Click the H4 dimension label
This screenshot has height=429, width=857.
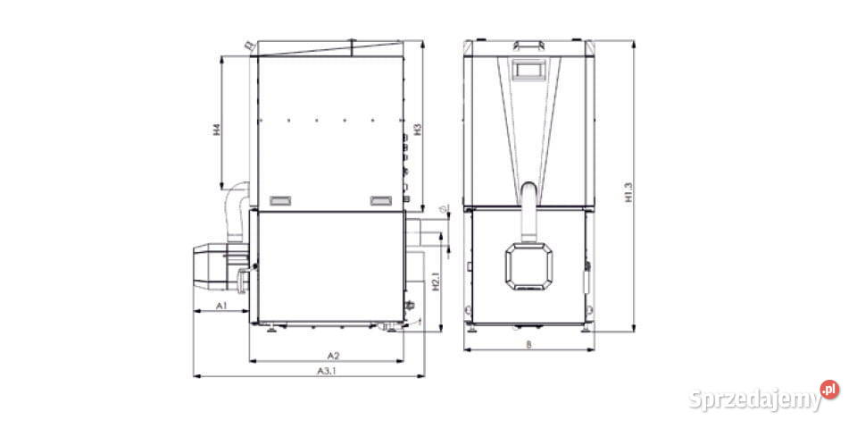click(x=216, y=131)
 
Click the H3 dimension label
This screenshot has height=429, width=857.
click(x=417, y=129)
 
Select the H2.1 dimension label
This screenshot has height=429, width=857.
click(x=435, y=282)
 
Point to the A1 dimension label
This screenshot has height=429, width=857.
click(x=221, y=306)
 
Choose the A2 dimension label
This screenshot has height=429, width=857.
click(x=331, y=355)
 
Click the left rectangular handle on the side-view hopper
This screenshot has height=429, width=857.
click(x=280, y=198)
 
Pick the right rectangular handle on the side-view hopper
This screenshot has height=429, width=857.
click(x=381, y=198)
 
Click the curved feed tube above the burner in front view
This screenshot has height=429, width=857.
click(x=528, y=210)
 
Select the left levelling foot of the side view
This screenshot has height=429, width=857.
click(x=269, y=328)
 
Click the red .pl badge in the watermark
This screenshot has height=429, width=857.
click(x=829, y=390)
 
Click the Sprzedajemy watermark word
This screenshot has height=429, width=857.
click(x=754, y=400)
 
